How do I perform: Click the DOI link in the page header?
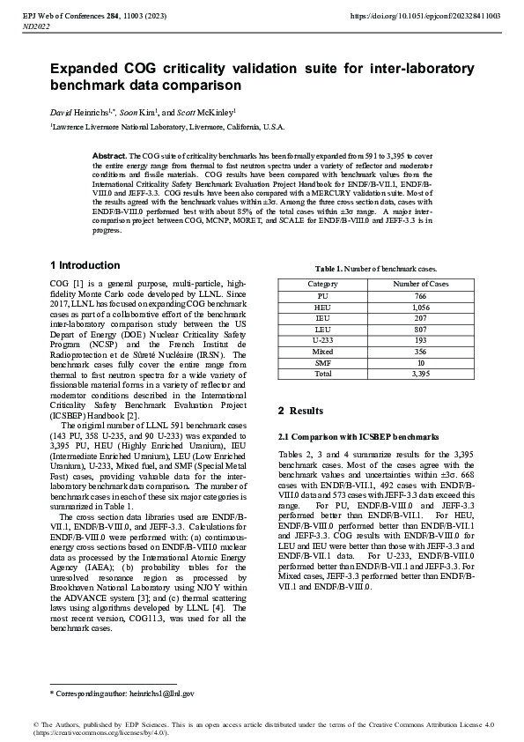(x=426, y=16)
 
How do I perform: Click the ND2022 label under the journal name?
(x=35, y=27)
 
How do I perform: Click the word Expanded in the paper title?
(x=85, y=69)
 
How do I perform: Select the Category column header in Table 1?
(x=322, y=284)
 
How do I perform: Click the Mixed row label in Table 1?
(x=322, y=350)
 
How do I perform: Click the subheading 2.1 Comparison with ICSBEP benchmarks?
(x=358, y=436)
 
